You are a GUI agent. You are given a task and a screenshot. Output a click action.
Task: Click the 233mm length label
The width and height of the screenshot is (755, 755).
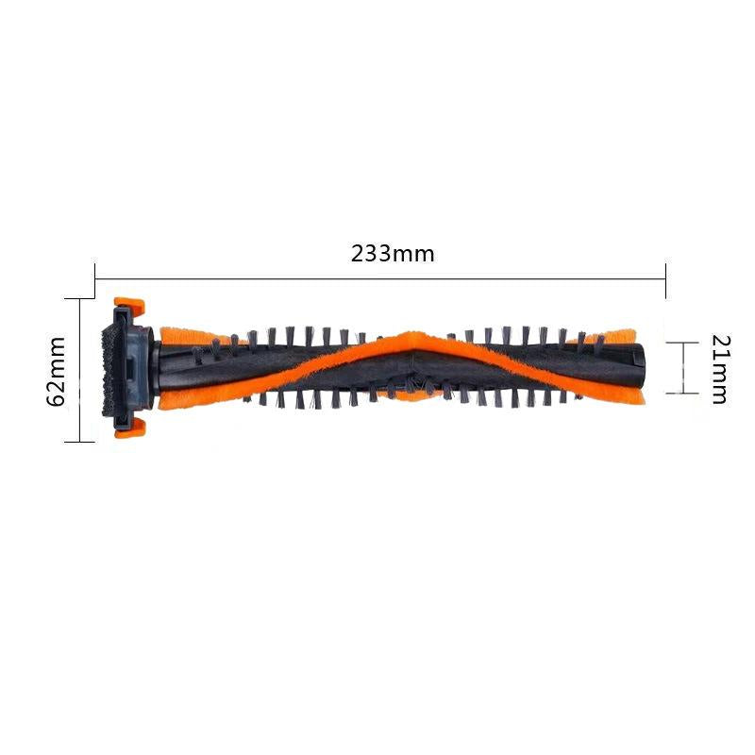(x=393, y=254)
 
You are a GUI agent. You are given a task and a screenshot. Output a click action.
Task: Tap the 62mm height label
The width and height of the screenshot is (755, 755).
(x=57, y=370)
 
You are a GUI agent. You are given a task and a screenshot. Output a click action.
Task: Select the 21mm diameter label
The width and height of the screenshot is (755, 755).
(x=718, y=369)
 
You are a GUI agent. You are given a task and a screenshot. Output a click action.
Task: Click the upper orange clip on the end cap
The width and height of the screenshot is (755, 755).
(x=128, y=308)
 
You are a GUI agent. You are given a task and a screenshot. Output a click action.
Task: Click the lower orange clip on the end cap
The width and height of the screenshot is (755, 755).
(x=128, y=429)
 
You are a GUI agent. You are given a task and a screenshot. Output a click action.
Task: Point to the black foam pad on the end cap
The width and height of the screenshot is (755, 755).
(x=112, y=368)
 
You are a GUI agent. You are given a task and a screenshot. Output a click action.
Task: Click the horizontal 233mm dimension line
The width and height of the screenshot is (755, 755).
(x=377, y=277)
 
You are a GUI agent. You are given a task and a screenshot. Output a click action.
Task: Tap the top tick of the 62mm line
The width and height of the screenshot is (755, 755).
(x=81, y=298)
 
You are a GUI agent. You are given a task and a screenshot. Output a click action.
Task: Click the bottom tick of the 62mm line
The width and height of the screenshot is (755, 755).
(x=81, y=441)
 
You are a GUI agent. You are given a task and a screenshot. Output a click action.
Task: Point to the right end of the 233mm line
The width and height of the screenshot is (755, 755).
(x=665, y=277)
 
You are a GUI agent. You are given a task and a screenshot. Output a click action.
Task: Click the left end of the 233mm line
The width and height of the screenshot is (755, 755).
(x=95, y=277)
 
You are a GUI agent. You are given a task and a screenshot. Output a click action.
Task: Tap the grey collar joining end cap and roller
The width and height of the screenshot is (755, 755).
(x=149, y=368)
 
